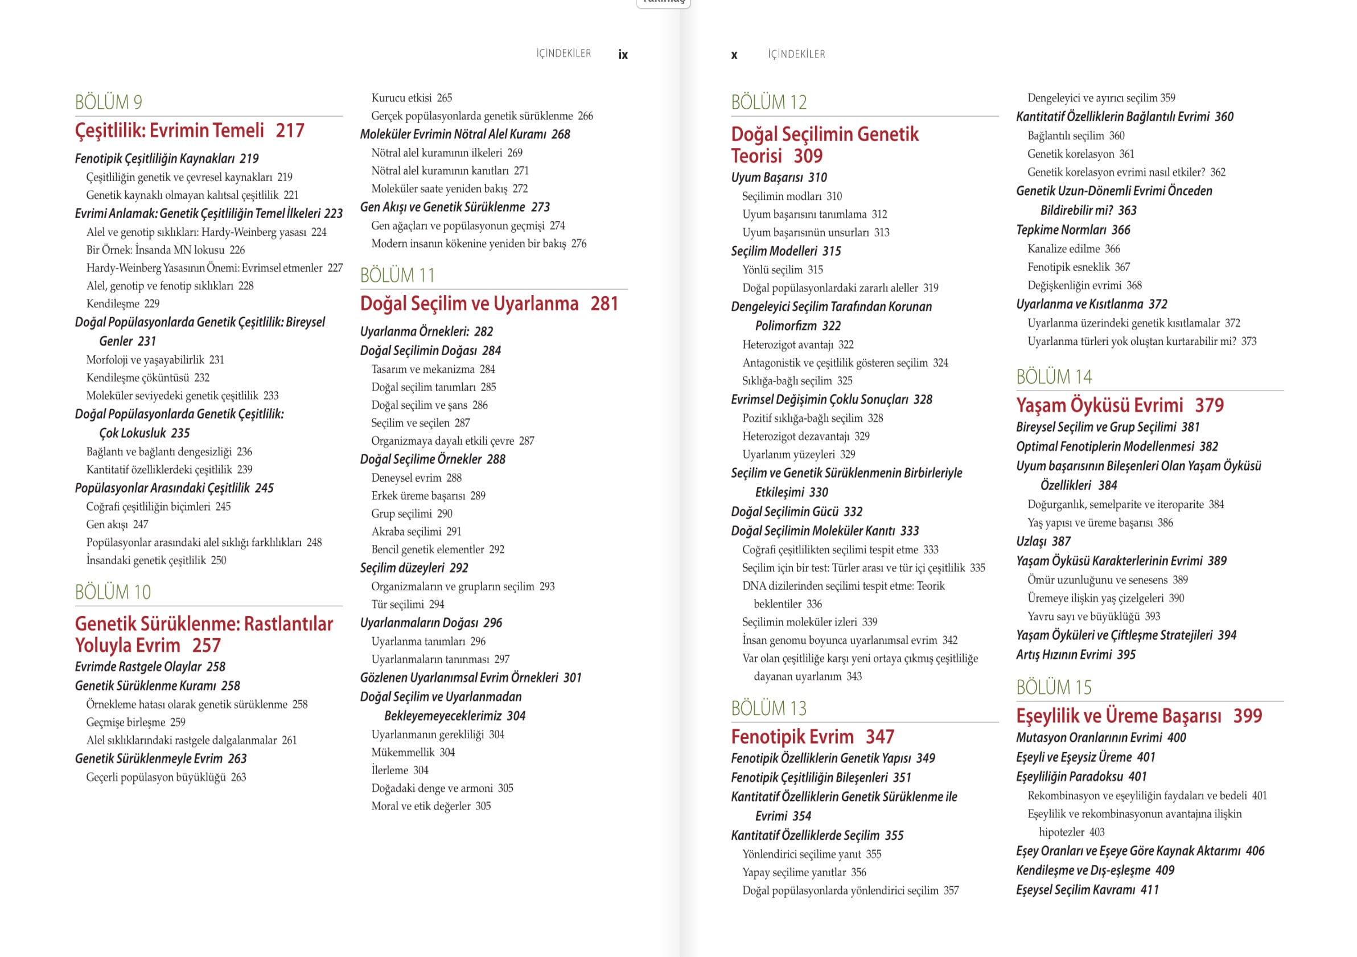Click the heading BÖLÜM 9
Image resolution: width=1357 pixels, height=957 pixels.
(x=108, y=102)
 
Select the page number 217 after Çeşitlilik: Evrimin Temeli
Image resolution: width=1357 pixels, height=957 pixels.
(x=290, y=130)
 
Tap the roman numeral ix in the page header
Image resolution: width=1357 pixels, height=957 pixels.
(x=622, y=55)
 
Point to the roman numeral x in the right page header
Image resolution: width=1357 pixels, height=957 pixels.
(x=734, y=55)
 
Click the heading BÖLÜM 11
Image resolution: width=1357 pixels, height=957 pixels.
(x=397, y=276)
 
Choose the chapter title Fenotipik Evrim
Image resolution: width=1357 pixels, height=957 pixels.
(x=792, y=737)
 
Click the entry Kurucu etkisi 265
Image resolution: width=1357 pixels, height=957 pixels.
(x=412, y=98)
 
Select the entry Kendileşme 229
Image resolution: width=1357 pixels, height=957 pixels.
(x=123, y=304)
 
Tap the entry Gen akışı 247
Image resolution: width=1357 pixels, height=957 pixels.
(x=117, y=524)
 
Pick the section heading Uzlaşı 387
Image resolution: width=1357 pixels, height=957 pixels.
(x=1043, y=541)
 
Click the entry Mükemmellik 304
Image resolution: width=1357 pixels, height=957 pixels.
(x=413, y=753)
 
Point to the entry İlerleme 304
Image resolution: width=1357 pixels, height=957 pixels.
(x=400, y=770)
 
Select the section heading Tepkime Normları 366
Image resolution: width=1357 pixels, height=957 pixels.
(x=1073, y=230)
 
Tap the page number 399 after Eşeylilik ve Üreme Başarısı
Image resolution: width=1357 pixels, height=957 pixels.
(x=1247, y=716)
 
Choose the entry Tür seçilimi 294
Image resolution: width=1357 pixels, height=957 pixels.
(x=407, y=604)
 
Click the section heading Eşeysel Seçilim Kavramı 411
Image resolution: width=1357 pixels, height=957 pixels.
(x=1087, y=890)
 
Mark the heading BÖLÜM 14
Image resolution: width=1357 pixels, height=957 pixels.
(x=1054, y=377)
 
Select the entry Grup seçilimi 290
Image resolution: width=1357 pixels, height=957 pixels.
(x=412, y=514)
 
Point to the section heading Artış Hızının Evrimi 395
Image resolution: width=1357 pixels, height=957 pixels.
(x=1075, y=654)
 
